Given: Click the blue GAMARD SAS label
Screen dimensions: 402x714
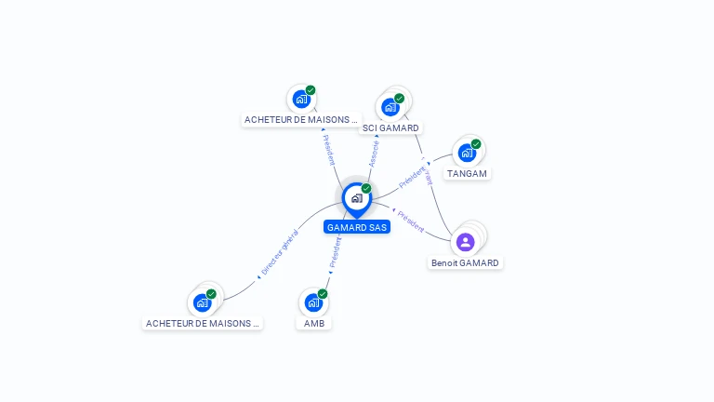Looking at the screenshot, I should [x=357, y=227].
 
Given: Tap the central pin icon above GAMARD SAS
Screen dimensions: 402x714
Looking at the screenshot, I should [x=356, y=198].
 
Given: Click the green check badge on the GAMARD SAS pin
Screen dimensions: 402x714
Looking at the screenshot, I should [x=366, y=188].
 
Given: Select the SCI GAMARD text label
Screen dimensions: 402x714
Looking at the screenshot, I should [x=390, y=127].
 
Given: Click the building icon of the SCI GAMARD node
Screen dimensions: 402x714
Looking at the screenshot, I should [x=390, y=106].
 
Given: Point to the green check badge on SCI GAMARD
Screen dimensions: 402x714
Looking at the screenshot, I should [x=400, y=98].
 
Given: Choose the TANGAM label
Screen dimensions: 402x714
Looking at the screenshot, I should [x=467, y=173].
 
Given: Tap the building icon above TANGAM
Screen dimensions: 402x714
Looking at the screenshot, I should [x=467, y=152].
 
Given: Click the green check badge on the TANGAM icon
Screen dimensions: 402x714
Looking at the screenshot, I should [x=476, y=143].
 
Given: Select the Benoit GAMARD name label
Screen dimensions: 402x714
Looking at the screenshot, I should [x=465, y=262].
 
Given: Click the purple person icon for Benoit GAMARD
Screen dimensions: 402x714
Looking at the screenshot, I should [x=466, y=242].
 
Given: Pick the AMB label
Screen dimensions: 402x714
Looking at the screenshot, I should [x=314, y=323].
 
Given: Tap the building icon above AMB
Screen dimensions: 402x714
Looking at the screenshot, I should [x=313, y=302].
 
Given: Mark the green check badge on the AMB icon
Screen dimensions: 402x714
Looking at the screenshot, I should [x=323, y=294].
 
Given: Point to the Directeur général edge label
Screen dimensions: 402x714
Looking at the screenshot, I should [x=279, y=252].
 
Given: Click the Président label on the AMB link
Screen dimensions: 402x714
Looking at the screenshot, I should [x=335, y=251].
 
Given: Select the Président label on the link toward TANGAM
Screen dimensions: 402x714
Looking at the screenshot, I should [x=412, y=176].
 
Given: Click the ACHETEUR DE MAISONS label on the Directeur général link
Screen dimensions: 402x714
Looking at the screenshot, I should [x=202, y=323].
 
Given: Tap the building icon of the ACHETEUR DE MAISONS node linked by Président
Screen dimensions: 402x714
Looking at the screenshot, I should [x=300, y=99].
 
